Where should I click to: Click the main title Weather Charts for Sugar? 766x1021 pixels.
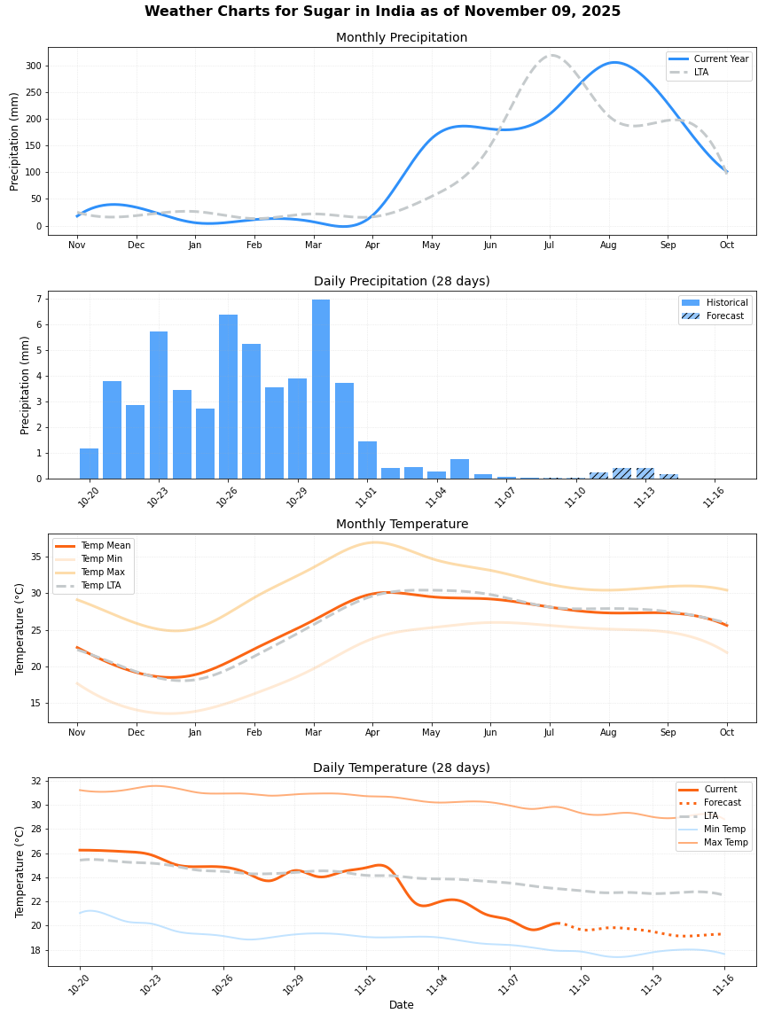point(382,12)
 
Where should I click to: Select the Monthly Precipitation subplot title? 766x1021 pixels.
point(401,38)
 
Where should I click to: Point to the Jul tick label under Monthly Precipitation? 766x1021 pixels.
point(549,245)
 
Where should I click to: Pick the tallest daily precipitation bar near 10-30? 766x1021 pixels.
point(321,389)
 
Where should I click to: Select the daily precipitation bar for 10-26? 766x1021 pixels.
point(228,396)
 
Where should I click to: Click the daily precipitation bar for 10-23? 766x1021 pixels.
point(159,405)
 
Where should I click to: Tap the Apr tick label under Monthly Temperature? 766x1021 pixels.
point(372,732)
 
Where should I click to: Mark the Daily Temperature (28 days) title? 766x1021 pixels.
point(401,768)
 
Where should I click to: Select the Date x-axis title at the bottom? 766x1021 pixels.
point(401,1005)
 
